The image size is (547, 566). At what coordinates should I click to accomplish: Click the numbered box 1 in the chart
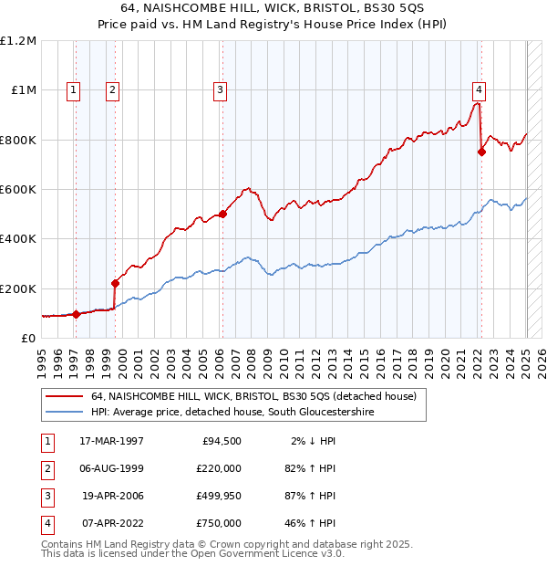(x=72, y=89)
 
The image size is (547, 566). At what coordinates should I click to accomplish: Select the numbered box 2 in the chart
(x=111, y=89)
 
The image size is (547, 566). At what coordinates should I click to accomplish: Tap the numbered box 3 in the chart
(x=221, y=89)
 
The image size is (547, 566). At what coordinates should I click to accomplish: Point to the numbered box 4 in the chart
(x=478, y=89)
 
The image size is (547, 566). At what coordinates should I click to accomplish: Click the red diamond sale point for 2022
(x=481, y=152)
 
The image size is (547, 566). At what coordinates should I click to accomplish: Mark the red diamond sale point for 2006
(x=222, y=215)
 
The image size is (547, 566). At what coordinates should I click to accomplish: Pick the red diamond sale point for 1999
(x=115, y=283)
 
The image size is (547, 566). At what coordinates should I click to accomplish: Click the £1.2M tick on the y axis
(x=18, y=41)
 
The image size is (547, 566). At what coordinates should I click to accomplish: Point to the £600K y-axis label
(x=18, y=190)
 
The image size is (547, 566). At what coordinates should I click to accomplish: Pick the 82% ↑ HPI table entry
(x=308, y=468)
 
